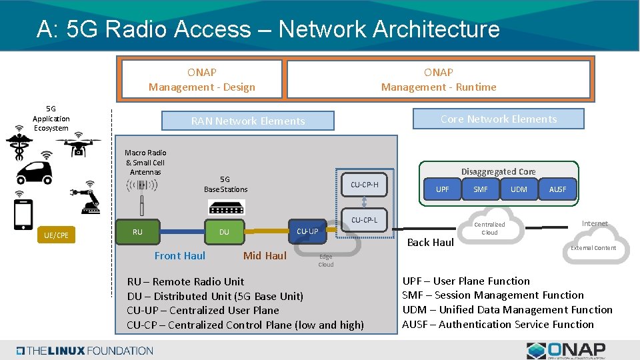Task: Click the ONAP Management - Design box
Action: click(201, 79)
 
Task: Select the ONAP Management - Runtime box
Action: click(438, 79)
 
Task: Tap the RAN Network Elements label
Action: click(248, 121)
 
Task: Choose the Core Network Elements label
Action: click(498, 119)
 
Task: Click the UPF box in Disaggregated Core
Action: click(443, 189)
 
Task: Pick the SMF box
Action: click(481, 189)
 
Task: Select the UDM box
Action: click(519, 189)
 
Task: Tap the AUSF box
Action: click(557, 189)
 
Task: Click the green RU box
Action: click(137, 232)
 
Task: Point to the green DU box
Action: click(224, 232)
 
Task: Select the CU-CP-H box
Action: click(364, 185)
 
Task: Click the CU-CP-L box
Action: click(364, 220)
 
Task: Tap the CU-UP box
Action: click(307, 231)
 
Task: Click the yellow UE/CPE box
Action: click(56, 235)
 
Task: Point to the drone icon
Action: click(78, 146)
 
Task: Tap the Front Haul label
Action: click(180, 255)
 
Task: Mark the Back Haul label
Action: click(430, 242)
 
